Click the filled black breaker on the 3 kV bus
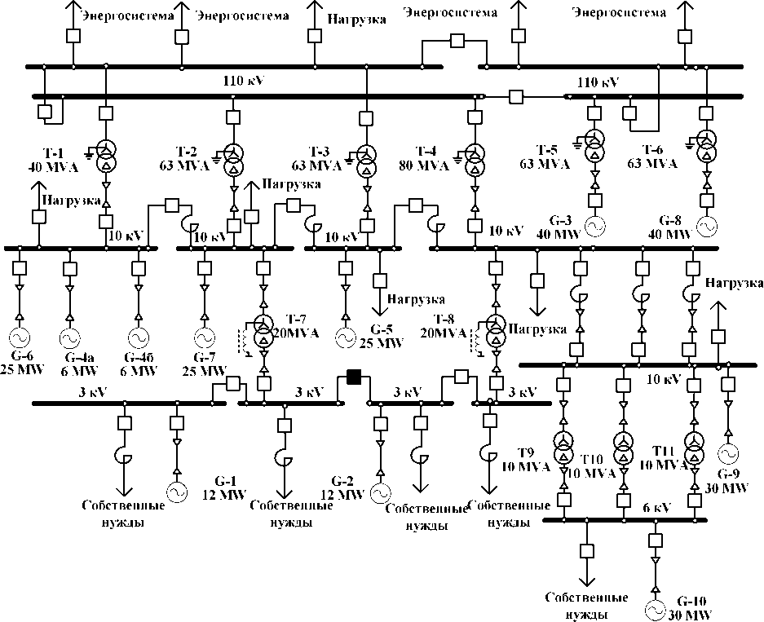355,376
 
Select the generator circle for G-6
18,337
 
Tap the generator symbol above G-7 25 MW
203,337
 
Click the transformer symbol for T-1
106,156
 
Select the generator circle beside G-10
654,608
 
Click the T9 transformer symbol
563,448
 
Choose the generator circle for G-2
379,492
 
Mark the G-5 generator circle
347,337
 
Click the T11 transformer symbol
694,448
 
